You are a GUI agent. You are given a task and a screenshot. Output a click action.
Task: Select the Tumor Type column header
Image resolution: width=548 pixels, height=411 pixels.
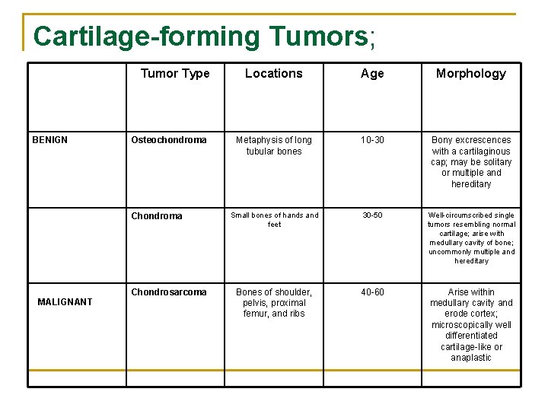click(x=175, y=74)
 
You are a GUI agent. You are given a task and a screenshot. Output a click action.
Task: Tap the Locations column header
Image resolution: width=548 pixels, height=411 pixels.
click(x=274, y=74)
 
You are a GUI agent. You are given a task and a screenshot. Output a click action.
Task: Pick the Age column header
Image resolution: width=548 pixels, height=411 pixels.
click(x=372, y=74)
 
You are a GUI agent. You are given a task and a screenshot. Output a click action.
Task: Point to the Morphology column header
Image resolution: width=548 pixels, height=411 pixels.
click(x=471, y=74)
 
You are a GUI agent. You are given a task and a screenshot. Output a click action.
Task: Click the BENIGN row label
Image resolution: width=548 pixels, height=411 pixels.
click(x=49, y=140)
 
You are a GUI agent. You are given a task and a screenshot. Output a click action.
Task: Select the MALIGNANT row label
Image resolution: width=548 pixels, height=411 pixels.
click(x=65, y=302)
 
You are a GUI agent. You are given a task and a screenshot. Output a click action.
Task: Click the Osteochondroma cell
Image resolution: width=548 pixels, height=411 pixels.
click(x=169, y=140)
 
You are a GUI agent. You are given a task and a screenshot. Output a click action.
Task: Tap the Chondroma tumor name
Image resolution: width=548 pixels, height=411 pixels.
click(x=157, y=216)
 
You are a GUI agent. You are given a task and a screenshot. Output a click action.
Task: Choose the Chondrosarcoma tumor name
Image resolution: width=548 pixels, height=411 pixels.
click(x=169, y=292)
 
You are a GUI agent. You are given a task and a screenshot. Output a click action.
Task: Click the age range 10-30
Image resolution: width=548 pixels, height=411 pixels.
click(x=372, y=140)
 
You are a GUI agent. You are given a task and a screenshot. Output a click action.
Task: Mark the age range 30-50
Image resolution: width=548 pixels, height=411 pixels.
click(x=372, y=215)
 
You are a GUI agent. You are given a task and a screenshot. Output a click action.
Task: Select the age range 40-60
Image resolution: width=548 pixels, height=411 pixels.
click(x=372, y=292)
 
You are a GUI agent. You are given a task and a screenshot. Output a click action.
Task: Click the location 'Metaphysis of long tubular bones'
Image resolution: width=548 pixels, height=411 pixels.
click(x=274, y=145)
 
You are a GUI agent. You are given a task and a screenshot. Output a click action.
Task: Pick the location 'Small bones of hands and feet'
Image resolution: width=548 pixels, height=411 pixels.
click(x=274, y=220)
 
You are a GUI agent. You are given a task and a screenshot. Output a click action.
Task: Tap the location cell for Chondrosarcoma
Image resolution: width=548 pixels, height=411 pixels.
click(x=274, y=303)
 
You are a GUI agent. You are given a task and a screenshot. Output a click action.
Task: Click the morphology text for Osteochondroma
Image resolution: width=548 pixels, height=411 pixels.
click(x=471, y=162)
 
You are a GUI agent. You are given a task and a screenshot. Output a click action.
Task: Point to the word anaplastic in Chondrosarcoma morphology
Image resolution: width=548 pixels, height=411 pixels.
click(x=471, y=358)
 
